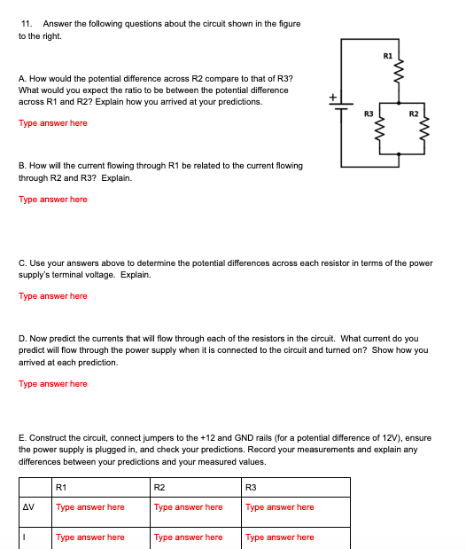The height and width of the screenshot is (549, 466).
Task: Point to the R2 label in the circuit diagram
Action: (413, 114)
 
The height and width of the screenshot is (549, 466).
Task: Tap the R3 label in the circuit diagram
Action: (369, 114)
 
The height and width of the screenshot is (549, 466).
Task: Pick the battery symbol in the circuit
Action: (342, 105)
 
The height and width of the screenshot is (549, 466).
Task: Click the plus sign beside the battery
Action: (334, 96)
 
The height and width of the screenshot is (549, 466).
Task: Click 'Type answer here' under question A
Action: (53, 123)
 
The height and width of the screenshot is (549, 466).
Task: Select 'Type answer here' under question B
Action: (53, 200)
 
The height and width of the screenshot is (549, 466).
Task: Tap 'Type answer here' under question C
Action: (53, 296)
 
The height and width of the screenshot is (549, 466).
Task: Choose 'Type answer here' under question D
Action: (53, 384)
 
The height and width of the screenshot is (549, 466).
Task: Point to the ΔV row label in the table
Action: (29, 507)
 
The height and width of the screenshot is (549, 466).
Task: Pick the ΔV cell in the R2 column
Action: (188, 507)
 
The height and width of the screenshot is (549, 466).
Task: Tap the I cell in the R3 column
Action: (279, 537)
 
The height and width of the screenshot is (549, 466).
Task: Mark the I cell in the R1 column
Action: (89, 537)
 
